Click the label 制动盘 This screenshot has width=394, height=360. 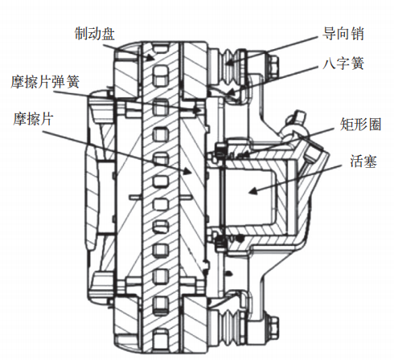pyautogui.click(x=95, y=34)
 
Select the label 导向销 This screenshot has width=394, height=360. pyautogui.click(x=343, y=34)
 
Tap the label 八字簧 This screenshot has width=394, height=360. pyautogui.click(x=343, y=63)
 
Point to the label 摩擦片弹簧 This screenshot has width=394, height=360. pyautogui.click(x=45, y=82)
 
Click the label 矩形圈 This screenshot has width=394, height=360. pyautogui.click(x=361, y=124)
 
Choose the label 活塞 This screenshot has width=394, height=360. pyautogui.click(x=363, y=162)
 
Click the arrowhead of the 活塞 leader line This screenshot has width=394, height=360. pyautogui.click(x=252, y=191)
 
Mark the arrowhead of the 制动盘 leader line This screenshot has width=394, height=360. pyautogui.click(x=150, y=58)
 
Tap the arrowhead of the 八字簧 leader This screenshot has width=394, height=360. pyautogui.click(x=231, y=94)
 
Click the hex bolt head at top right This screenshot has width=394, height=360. pyautogui.click(x=273, y=67)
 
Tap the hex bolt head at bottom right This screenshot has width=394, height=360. pyautogui.click(x=273, y=327)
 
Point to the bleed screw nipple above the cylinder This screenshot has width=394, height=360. pyautogui.click(x=297, y=121)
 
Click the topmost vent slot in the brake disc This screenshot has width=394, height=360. pyautogui.click(x=160, y=49)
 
